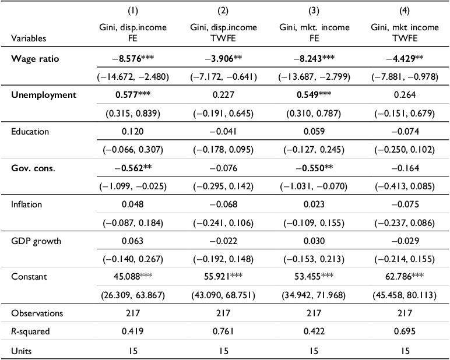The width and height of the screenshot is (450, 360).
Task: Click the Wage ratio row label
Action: pos(35,59)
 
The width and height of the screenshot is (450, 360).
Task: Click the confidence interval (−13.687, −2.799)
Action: pos(314,77)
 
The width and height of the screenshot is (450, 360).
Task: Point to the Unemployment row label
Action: pos(44,95)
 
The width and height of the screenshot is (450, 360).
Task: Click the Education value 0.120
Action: pos(132,132)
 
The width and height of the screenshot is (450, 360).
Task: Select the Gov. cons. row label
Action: pos(33,168)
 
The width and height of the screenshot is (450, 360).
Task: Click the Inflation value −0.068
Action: pos(223,204)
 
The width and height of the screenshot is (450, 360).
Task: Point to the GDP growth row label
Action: pos(36,241)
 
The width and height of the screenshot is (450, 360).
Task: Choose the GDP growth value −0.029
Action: pos(405,241)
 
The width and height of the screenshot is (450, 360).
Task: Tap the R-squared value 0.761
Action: pos(223,331)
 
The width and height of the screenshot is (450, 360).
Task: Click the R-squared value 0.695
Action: pos(405,331)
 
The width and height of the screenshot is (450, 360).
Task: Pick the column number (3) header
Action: pos(314,11)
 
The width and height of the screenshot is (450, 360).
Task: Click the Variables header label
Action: pos(29,38)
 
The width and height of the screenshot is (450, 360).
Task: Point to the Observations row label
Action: pos(37,313)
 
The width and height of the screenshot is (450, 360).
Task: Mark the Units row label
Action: pos(21,351)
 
